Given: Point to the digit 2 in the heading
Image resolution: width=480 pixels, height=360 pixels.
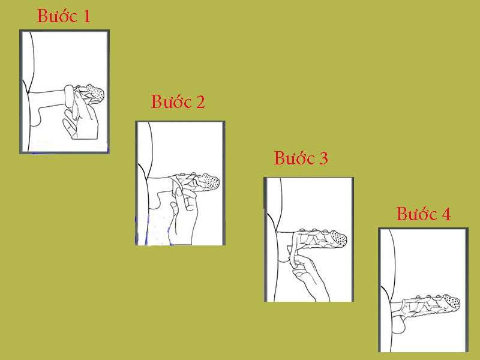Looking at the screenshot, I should click(x=200, y=103).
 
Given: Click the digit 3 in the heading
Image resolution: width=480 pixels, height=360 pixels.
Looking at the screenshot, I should click(x=323, y=159).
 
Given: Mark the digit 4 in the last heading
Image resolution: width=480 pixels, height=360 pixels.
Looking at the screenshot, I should click(x=445, y=214).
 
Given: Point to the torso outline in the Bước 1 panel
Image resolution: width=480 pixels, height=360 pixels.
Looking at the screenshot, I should click(x=28, y=90).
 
